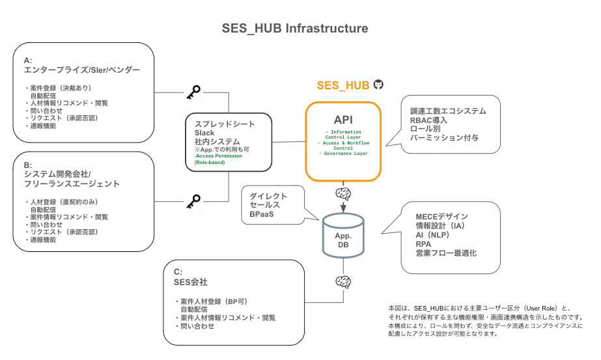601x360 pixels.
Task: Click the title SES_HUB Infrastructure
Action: point(295,29)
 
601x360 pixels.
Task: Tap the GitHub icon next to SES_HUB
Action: point(378,85)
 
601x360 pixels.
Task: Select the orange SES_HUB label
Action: point(343,85)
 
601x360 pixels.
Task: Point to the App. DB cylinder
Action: point(343,235)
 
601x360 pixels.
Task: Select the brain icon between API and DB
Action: point(343,193)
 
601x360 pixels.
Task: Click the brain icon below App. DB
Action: point(343,281)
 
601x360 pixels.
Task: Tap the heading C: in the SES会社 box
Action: point(178,271)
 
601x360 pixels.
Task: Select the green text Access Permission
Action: point(216,156)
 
